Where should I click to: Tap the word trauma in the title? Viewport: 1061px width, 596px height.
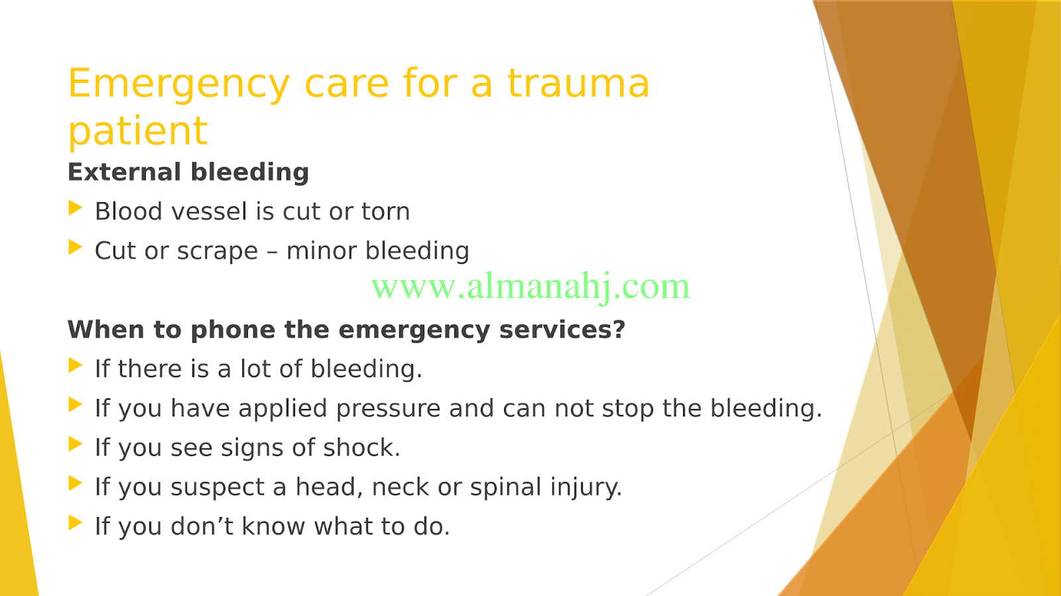[x=578, y=84]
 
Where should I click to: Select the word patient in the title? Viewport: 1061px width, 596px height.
[x=138, y=132]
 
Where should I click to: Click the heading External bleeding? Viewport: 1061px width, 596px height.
[x=188, y=172]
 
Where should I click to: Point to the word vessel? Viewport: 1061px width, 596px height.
[x=209, y=211]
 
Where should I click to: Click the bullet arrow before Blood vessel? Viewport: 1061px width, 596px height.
[x=76, y=208]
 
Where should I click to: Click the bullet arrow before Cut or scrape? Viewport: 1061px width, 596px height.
[x=76, y=247]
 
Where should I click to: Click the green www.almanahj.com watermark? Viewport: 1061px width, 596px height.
[x=530, y=287]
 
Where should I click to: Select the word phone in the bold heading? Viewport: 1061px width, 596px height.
[x=233, y=330]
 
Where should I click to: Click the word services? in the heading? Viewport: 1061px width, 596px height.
[x=562, y=329]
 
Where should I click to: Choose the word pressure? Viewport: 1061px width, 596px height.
[x=388, y=409]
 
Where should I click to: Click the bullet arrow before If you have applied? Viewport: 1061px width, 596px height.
[x=76, y=405]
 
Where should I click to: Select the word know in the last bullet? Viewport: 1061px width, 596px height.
[x=273, y=526]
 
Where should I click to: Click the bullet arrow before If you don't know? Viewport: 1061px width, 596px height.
[x=76, y=522]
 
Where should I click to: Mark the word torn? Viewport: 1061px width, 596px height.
[x=385, y=211]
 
